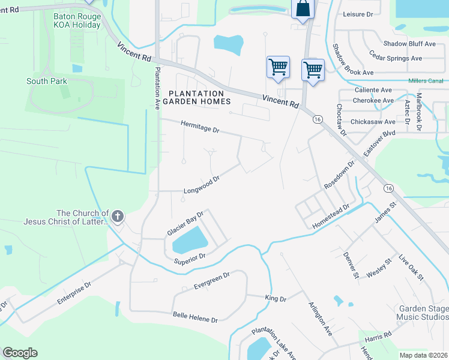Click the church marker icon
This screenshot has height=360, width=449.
118,216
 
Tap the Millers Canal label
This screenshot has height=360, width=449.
425,81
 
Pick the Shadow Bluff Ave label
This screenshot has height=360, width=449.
409,44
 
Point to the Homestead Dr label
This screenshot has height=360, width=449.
330,217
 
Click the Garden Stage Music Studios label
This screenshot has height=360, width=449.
423,313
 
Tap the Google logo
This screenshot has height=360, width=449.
20,353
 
